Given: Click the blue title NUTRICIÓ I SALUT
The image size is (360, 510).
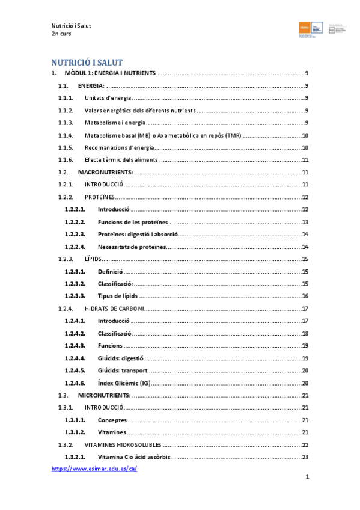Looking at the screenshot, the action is [x=87, y=62].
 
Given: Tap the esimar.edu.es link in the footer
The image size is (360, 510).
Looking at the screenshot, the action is [x=94, y=469].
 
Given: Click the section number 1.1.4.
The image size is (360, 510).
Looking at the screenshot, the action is [x=66, y=136].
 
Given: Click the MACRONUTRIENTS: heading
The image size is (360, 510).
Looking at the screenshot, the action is [x=106, y=173].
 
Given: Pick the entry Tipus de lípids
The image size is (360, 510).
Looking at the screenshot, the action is [x=118, y=296].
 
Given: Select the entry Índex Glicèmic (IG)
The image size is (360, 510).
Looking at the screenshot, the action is [x=124, y=383].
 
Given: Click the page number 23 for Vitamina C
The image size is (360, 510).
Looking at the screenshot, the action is [x=305, y=457].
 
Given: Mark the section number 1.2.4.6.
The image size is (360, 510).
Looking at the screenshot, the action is [x=75, y=383].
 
